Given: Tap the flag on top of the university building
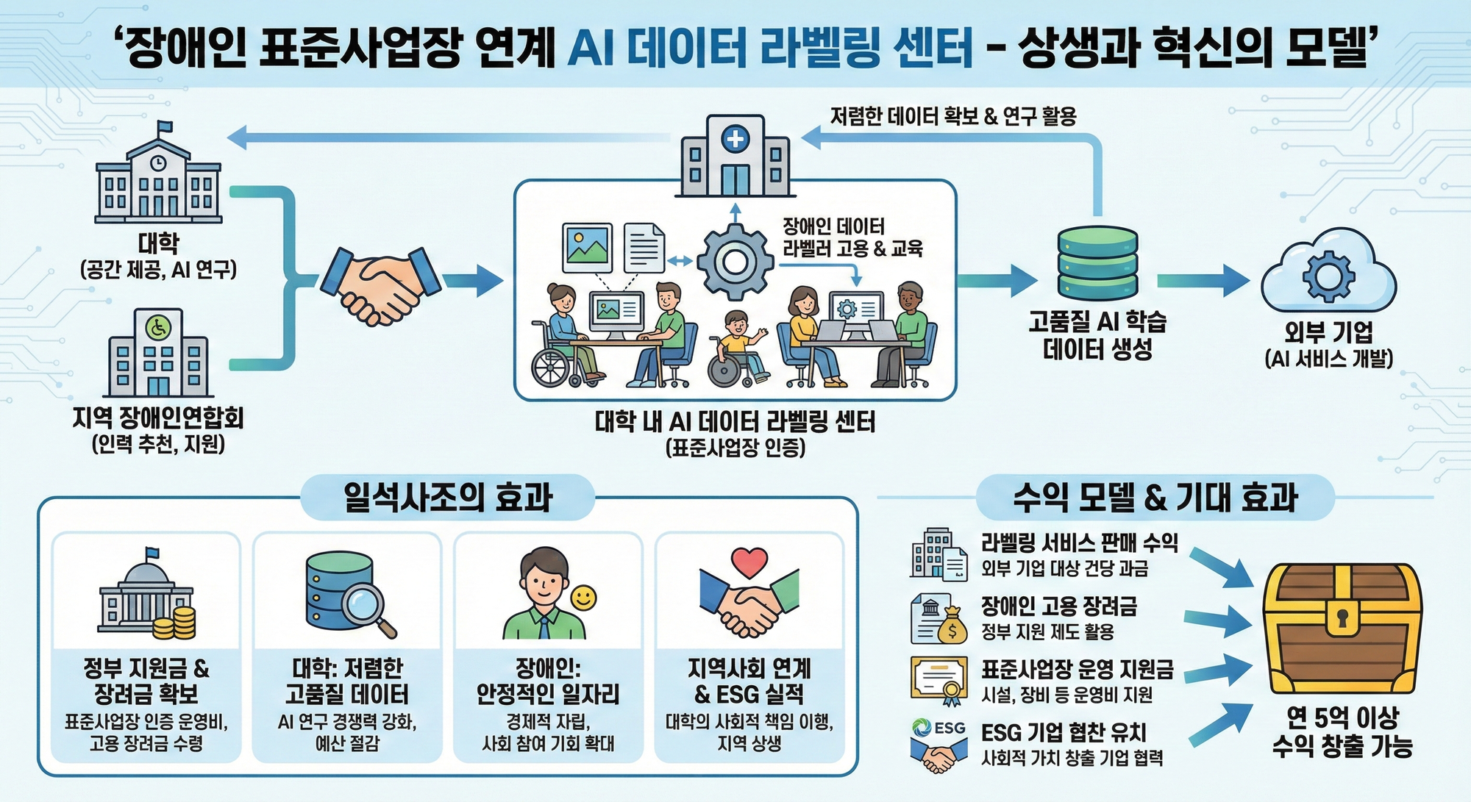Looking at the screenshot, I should pos(165,128).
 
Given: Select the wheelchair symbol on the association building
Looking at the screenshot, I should pos(158,328).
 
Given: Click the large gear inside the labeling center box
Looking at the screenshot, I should pos(734,261).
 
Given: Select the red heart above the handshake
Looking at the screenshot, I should pos(749,562).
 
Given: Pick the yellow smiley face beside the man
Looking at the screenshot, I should pos(584,598).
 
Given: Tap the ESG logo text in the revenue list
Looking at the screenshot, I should pos(949,727).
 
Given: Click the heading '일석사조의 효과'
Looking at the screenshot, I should pos(447,498).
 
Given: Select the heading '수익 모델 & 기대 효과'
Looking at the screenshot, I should pos(1155,498).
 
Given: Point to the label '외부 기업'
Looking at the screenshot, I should pos(1328,332).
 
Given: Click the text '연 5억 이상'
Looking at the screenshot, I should pos(1342,717).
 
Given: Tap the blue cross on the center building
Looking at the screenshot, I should pos(735,139).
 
